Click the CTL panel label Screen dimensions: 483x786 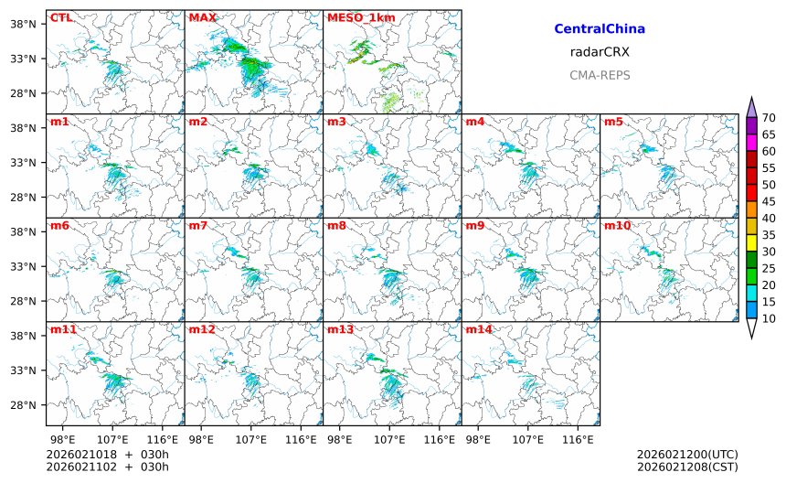pos(61,17)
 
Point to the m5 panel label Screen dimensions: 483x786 pos(614,122)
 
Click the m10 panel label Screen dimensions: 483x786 pos(618,226)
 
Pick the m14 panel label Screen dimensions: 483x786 pos(479,329)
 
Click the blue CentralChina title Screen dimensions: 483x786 pos(600,29)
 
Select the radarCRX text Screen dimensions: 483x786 pos(600,52)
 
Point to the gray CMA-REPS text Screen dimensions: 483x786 pos(600,75)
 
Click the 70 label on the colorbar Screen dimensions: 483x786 pos(770,117)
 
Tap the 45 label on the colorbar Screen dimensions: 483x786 pos(770,201)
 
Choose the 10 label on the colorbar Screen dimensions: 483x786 pos(770,318)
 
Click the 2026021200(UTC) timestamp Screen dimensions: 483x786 pos(687,455)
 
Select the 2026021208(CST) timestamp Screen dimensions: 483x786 pos(687,467)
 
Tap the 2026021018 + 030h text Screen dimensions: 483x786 pos(108,455)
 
